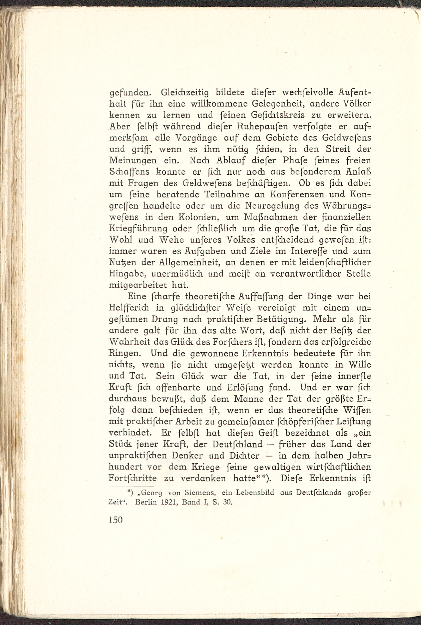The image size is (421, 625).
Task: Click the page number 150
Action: click(116, 520)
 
